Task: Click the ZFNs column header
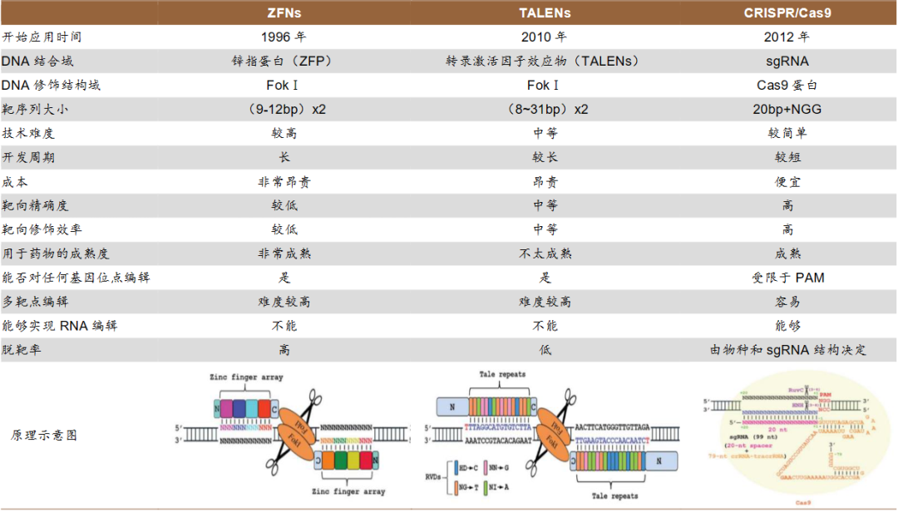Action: click(284, 13)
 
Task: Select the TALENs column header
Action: click(545, 13)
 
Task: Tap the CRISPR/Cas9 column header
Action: click(787, 13)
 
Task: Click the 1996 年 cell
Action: click(284, 37)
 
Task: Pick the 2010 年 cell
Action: click(545, 37)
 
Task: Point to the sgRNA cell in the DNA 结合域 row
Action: click(787, 62)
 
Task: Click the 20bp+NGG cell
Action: click(787, 109)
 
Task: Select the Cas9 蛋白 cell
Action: click(787, 86)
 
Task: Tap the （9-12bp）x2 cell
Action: click(284, 109)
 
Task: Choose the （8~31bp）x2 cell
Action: click(545, 109)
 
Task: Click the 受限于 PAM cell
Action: click(787, 278)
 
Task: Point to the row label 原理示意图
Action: click(44, 435)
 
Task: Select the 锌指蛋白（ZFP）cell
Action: click(284, 62)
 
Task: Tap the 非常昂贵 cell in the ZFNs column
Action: click(284, 181)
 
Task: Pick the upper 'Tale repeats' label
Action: click(502, 374)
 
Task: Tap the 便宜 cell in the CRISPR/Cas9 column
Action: click(787, 181)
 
